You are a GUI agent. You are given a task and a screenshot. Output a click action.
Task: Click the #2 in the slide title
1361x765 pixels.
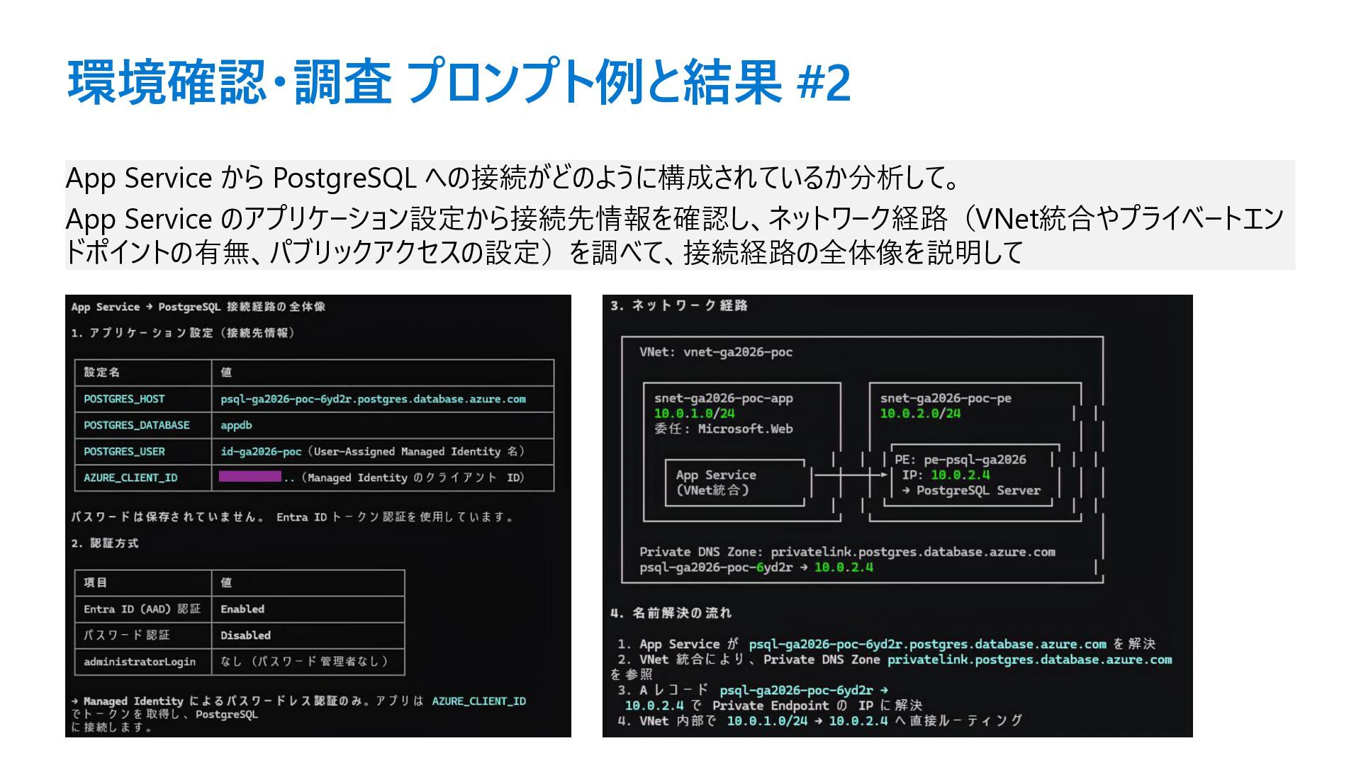(x=823, y=83)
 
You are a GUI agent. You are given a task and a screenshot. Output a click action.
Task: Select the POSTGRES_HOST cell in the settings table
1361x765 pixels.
(x=124, y=399)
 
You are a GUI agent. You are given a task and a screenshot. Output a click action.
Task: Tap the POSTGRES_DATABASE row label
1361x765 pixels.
(x=137, y=425)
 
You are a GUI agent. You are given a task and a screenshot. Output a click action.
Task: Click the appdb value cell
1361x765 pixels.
(x=236, y=425)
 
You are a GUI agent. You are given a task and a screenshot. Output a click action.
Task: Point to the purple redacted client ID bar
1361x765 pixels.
(x=250, y=477)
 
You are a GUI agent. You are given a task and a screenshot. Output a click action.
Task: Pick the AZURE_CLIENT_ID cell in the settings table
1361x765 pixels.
(x=130, y=477)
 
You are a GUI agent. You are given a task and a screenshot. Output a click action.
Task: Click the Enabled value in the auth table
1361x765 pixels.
(x=242, y=609)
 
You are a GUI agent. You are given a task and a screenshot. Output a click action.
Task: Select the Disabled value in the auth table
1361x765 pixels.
(x=245, y=635)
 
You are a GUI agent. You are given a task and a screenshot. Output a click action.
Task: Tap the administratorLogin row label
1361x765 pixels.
(x=140, y=662)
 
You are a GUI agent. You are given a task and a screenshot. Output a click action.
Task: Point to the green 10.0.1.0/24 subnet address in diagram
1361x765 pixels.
(x=694, y=414)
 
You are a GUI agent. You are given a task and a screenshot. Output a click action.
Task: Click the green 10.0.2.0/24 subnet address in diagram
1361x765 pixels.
(x=920, y=414)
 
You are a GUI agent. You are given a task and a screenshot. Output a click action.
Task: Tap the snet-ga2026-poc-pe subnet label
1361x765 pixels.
(x=946, y=398)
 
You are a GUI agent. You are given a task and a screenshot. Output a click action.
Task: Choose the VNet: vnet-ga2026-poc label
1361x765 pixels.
(x=716, y=352)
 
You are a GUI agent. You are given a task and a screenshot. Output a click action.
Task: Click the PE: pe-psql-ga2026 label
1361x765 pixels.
(x=960, y=460)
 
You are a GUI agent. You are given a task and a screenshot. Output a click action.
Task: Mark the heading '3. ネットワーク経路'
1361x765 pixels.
(x=679, y=306)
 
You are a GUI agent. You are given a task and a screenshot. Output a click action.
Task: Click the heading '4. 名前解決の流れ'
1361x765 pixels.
(x=671, y=613)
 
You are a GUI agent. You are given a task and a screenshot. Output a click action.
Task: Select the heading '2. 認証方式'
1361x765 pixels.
(x=105, y=543)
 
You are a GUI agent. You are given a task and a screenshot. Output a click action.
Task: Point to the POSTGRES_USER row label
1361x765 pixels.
(x=124, y=451)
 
